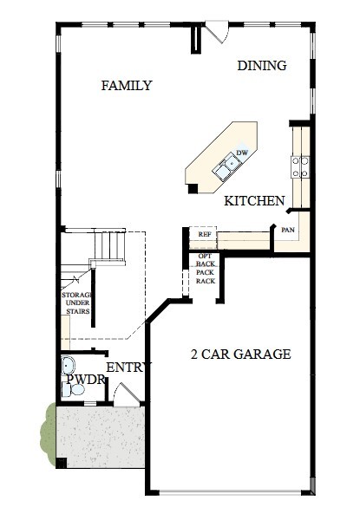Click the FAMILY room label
[x=127, y=86]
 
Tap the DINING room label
[x=262, y=66]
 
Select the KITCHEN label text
[x=254, y=201]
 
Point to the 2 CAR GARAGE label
[x=240, y=355]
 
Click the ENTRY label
[x=125, y=368]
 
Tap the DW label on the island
[x=243, y=153]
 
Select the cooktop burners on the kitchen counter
[x=300, y=166]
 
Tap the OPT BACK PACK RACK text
[x=205, y=269]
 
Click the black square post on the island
[x=193, y=188]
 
